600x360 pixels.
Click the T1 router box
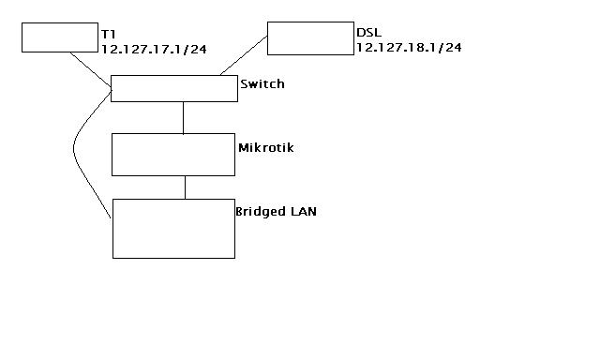[x=59, y=38]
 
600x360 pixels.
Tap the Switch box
[x=174, y=89]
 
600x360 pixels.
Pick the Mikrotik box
[x=172, y=155]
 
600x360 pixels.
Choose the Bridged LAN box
[x=173, y=228]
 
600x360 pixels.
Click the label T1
[x=108, y=34]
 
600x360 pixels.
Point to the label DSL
[x=368, y=33]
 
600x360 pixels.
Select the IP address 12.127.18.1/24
[x=410, y=46]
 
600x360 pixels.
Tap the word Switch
[x=262, y=84]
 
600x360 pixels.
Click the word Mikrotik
[x=266, y=147]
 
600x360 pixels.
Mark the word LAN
[x=305, y=211]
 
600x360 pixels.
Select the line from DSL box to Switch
[x=244, y=57]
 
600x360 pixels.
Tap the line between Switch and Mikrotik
[x=183, y=117]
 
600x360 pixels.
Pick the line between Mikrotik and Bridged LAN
[x=185, y=187]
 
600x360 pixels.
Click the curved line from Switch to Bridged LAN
[x=74, y=150]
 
